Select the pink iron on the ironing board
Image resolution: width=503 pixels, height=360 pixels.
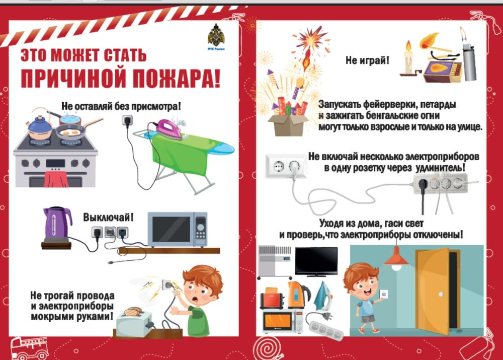click(x=169, y=128)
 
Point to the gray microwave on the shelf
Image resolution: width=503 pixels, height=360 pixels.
click(x=178, y=229)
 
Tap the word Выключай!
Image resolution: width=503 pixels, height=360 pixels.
click(x=108, y=217)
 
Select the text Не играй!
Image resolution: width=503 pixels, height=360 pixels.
click(x=367, y=60)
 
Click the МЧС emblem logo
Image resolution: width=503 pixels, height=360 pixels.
click(x=216, y=37)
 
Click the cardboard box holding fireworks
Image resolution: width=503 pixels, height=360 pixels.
click(x=288, y=124)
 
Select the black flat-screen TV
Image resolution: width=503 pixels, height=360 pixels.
click(x=316, y=261)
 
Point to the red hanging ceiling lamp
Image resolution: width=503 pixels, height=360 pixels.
click(x=397, y=257)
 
